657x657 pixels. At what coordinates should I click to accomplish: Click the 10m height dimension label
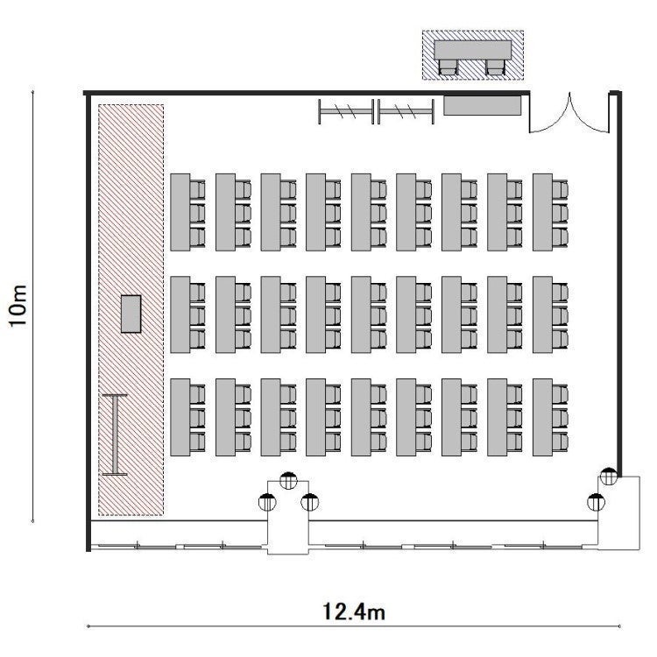[x=18, y=306]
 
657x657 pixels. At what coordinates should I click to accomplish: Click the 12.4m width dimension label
[x=354, y=611]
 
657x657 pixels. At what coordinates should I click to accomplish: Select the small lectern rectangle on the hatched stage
[x=131, y=314]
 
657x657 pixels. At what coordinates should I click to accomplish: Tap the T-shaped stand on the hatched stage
[x=115, y=434]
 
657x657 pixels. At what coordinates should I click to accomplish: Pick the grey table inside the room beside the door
[x=483, y=106]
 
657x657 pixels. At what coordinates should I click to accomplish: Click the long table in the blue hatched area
[x=473, y=50]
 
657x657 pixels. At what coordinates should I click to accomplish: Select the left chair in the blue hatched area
[x=448, y=67]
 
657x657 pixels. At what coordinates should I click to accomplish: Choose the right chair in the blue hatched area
[x=495, y=67]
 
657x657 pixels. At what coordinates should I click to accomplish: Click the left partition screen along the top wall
[x=346, y=111]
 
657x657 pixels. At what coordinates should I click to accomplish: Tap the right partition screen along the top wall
[x=406, y=111]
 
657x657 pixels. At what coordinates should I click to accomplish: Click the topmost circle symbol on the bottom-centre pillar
[x=288, y=481]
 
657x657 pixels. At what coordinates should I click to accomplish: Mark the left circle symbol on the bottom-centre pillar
[x=267, y=502]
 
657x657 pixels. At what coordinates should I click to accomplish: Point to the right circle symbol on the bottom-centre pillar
[x=309, y=502]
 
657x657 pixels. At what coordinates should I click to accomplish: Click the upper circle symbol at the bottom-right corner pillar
[x=609, y=477]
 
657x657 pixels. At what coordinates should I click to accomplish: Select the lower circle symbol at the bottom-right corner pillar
[x=596, y=502]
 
